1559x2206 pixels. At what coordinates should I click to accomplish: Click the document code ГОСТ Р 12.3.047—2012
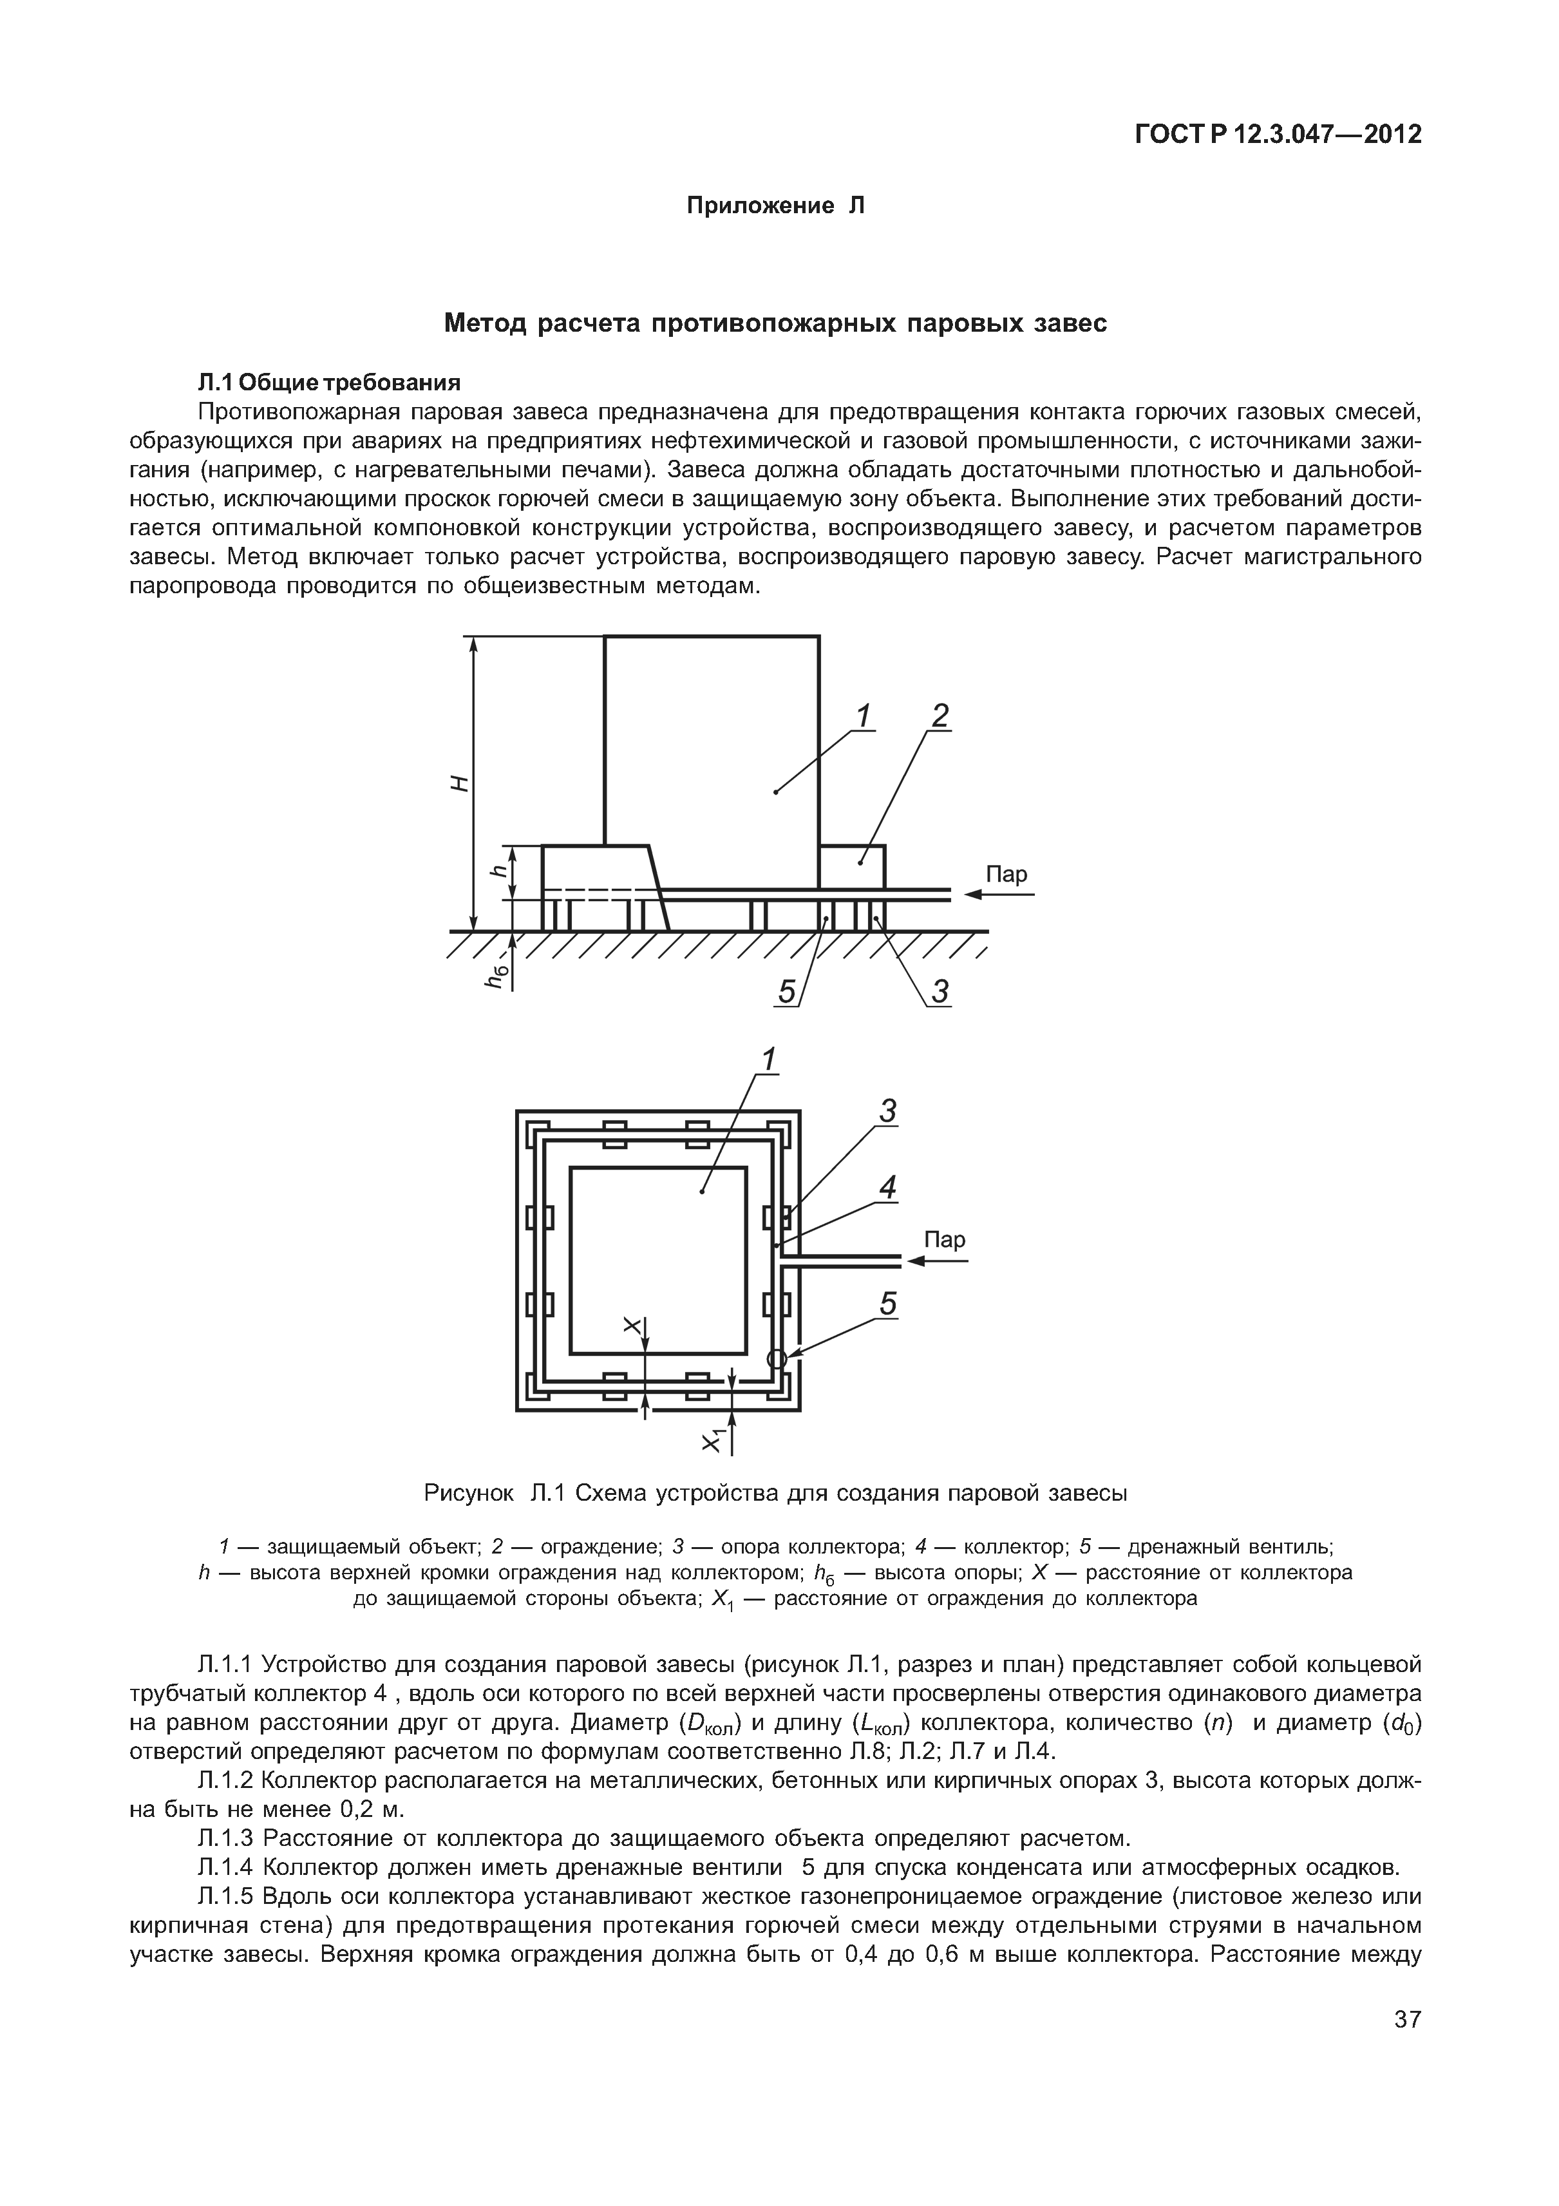[1278, 135]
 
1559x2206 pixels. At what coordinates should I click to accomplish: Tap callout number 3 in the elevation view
[940, 991]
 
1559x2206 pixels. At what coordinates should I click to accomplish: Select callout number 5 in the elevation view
[788, 991]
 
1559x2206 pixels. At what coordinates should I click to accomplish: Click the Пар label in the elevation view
[1006, 874]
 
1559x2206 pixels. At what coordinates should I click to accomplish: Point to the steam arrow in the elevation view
[999, 895]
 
